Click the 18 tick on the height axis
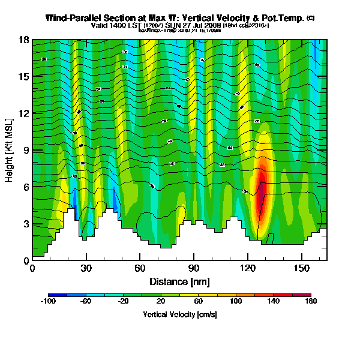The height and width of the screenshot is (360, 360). click(23, 41)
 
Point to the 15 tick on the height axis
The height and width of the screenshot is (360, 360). click(23, 77)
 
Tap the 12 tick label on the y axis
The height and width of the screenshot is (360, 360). click(23, 113)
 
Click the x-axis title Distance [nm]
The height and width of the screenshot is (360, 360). click(179, 281)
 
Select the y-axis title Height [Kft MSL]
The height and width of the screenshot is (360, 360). click(10, 151)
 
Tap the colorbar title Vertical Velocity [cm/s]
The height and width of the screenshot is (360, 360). click(179, 314)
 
